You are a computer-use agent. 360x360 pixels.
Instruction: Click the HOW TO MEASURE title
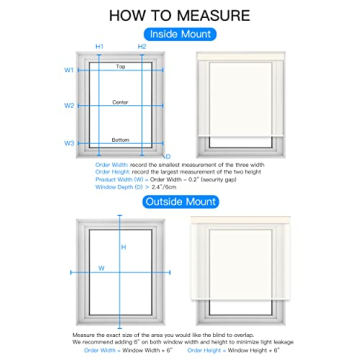click(180, 14)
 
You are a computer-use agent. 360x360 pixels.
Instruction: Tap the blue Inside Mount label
click(180, 33)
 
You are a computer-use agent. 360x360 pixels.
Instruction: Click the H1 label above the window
click(99, 47)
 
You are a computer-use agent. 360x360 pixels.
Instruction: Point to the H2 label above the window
click(142, 47)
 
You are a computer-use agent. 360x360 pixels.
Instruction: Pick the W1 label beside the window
click(69, 70)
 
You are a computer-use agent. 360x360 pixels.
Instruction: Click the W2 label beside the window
click(69, 105)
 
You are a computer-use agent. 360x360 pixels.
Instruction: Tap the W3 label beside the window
click(69, 143)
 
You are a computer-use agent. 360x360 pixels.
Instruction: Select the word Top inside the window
click(120, 67)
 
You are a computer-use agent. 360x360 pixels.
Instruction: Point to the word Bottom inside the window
click(120, 140)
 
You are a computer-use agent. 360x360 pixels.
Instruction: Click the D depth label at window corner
click(166, 155)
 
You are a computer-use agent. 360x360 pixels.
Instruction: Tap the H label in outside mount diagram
click(123, 246)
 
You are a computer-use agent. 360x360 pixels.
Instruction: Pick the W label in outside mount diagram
click(101, 268)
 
